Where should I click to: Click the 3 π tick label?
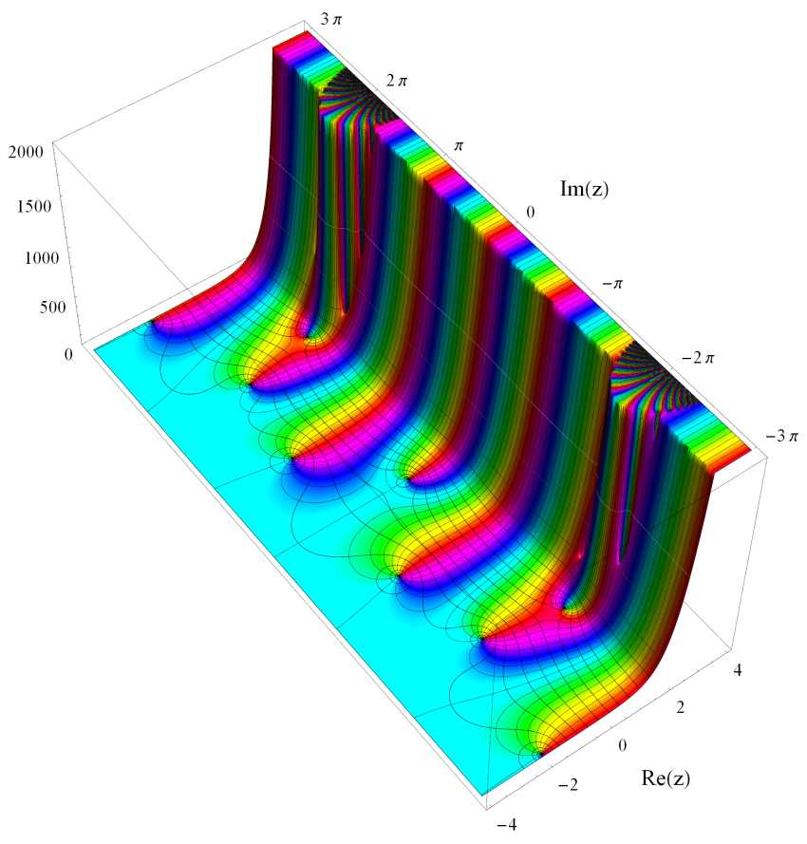point(331,20)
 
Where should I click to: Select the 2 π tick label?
point(397,81)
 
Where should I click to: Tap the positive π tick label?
point(459,146)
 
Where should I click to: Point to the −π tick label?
point(612,283)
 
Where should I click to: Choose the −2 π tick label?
point(698,357)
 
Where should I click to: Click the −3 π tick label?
point(781,436)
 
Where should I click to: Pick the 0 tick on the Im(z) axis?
point(531,212)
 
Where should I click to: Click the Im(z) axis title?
point(584,188)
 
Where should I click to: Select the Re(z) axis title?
point(666,778)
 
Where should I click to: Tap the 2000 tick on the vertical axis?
point(26,151)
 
